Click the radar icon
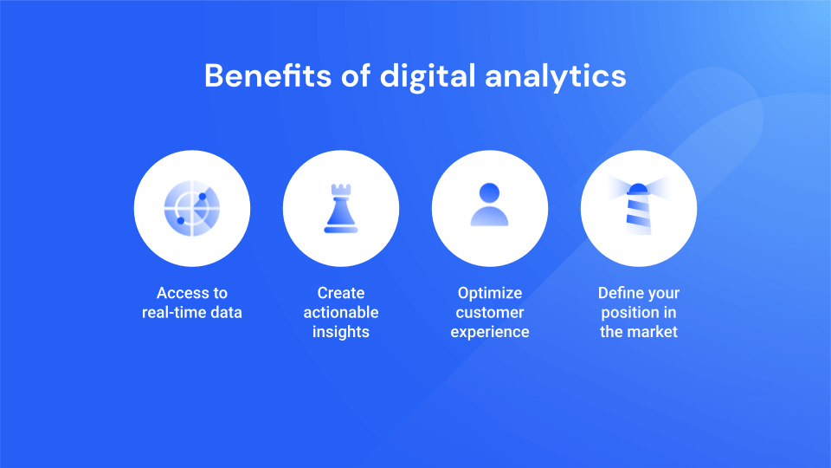191,208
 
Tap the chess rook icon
340,209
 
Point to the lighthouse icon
638,208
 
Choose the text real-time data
192,312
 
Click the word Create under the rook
341,293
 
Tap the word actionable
341,312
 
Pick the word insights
341,332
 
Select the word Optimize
490,293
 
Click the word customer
490,312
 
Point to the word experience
490,332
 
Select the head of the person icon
489,192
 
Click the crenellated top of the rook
340,188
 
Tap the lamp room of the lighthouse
638,189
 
